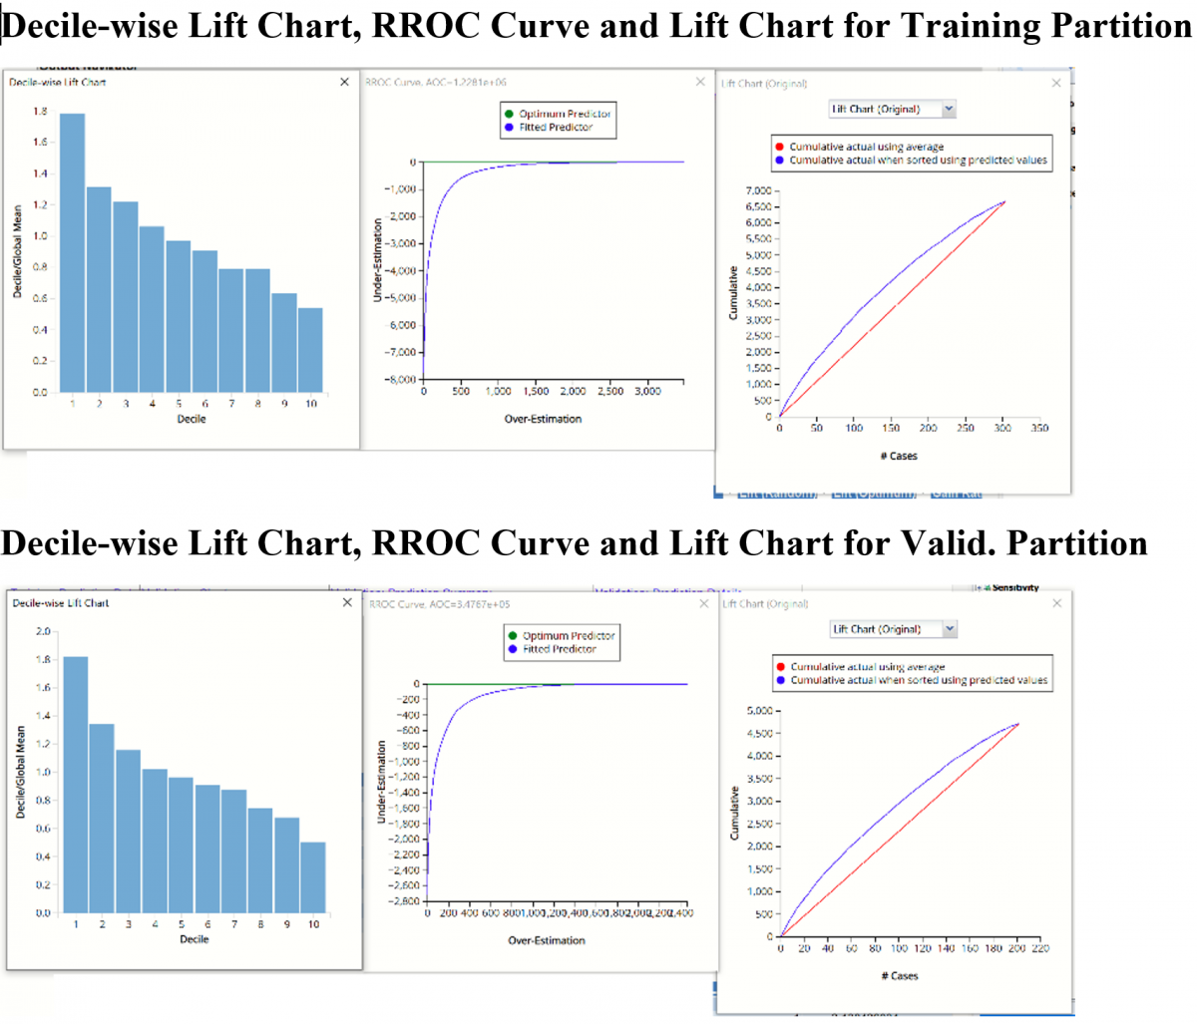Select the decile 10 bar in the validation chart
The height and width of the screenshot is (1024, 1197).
click(313, 877)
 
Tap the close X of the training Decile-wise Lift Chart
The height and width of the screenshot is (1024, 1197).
click(344, 82)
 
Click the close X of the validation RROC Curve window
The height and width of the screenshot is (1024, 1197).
click(703, 603)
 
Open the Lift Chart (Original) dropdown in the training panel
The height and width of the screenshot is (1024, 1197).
click(949, 109)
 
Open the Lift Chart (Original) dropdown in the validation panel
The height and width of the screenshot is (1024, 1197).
click(950, 629)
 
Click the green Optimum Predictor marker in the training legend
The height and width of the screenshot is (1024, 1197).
click(509, 114)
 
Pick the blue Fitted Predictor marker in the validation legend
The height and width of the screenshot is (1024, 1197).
click(513, 649)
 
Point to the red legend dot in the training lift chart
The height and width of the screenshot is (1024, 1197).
click(779, 147)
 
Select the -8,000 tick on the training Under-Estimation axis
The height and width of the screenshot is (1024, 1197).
click(401, 380)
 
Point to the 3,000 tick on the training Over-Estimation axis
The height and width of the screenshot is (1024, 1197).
click(646, 392)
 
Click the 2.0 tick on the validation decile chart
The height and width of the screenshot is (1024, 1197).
click(43, 631)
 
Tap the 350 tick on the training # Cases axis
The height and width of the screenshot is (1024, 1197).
click(1039, 428)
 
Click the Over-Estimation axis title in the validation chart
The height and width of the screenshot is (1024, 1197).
click(547, 940)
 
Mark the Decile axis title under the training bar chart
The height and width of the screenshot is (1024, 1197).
click(192, 419)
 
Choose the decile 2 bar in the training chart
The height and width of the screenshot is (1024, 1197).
click(99, 289)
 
